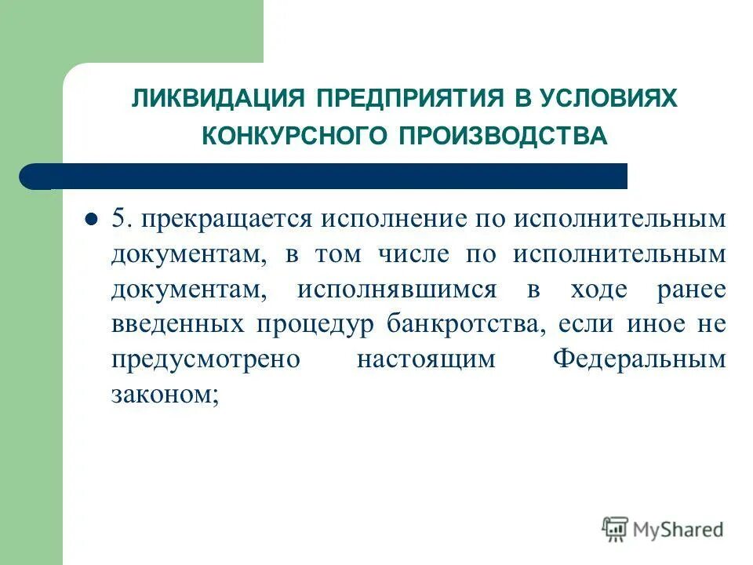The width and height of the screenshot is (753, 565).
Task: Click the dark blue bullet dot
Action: (90, 219)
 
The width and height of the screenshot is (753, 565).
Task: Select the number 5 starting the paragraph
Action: (120, 219)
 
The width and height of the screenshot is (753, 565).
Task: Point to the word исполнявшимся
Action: (396, 290)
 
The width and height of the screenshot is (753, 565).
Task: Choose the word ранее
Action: (693, 290)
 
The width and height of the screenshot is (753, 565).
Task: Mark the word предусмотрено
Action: (206, 360)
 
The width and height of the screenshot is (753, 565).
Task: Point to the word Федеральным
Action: (639, 360)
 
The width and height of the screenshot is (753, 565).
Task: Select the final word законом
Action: (162, 395)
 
